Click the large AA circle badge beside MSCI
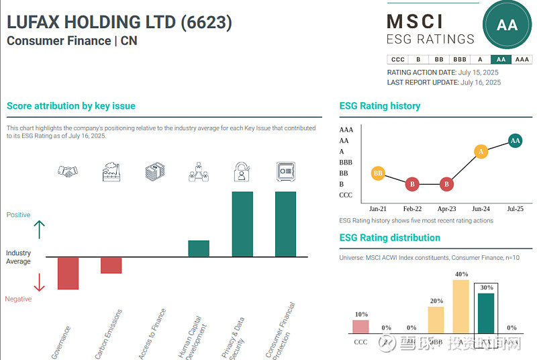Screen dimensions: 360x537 click(507, 26)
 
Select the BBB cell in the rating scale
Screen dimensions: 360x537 click(459, 59)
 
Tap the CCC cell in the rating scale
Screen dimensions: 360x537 click(397, 59)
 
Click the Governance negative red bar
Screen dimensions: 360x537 click(68, 273)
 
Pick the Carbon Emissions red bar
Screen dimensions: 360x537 click(111, 265)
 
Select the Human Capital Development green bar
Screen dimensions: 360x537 click(198, 249)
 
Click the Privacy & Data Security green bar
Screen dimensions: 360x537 click(242, 224)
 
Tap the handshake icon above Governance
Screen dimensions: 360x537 click(68, 172)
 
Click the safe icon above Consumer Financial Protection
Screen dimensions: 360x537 click(286, 172)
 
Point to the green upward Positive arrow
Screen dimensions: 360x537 click(39, 230)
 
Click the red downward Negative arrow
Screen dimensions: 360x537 click(39, 282)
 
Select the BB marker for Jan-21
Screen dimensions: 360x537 click(378, 173)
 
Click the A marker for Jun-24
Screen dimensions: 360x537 click(481, 152)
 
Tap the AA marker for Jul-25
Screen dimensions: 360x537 click(515, 140)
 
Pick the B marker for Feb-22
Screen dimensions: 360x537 click(412, 184)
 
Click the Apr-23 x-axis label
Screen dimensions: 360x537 click(447, 209)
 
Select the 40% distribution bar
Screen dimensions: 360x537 click(460, 306)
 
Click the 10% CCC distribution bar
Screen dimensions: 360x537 click(360, 326)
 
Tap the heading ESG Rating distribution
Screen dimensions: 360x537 click(389, 238)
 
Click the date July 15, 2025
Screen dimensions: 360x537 click(479, 73)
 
